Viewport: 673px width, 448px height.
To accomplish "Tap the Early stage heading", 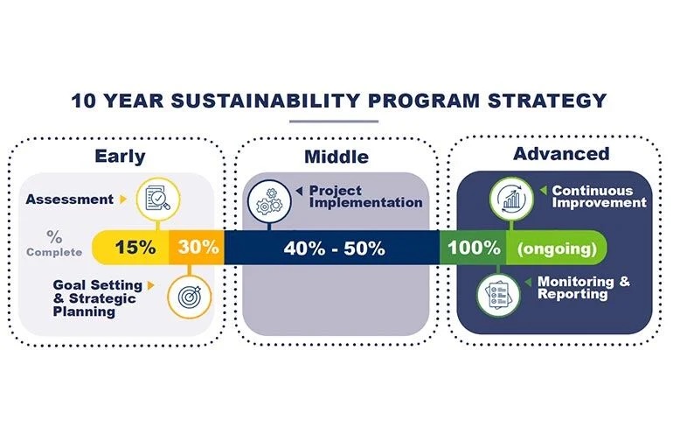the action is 120,157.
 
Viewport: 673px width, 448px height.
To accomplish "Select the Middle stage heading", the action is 336,157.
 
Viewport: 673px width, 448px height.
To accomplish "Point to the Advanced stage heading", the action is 561,154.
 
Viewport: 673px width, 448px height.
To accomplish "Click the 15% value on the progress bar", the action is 135,248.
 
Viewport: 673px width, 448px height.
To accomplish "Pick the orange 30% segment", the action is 197,248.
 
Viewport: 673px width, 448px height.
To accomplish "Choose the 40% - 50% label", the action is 335,248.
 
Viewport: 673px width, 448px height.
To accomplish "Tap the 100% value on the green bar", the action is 474,248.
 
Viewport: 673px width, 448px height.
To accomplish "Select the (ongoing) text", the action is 557,248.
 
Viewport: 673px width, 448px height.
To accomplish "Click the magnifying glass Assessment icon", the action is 158,199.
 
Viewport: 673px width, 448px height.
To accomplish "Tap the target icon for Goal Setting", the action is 190,297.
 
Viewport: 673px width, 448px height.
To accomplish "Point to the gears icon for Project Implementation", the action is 269,201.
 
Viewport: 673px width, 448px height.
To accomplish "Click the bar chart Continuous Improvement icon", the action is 511,199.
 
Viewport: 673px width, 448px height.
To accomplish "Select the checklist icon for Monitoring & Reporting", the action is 498,295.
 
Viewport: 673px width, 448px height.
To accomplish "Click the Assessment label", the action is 70,199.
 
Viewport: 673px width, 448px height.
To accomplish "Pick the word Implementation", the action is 365,203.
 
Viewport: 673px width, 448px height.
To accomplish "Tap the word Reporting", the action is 572,294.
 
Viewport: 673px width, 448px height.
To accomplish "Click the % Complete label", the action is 54,243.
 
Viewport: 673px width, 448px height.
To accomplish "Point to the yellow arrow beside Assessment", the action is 123,199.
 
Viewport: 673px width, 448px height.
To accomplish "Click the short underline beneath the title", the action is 334,122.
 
